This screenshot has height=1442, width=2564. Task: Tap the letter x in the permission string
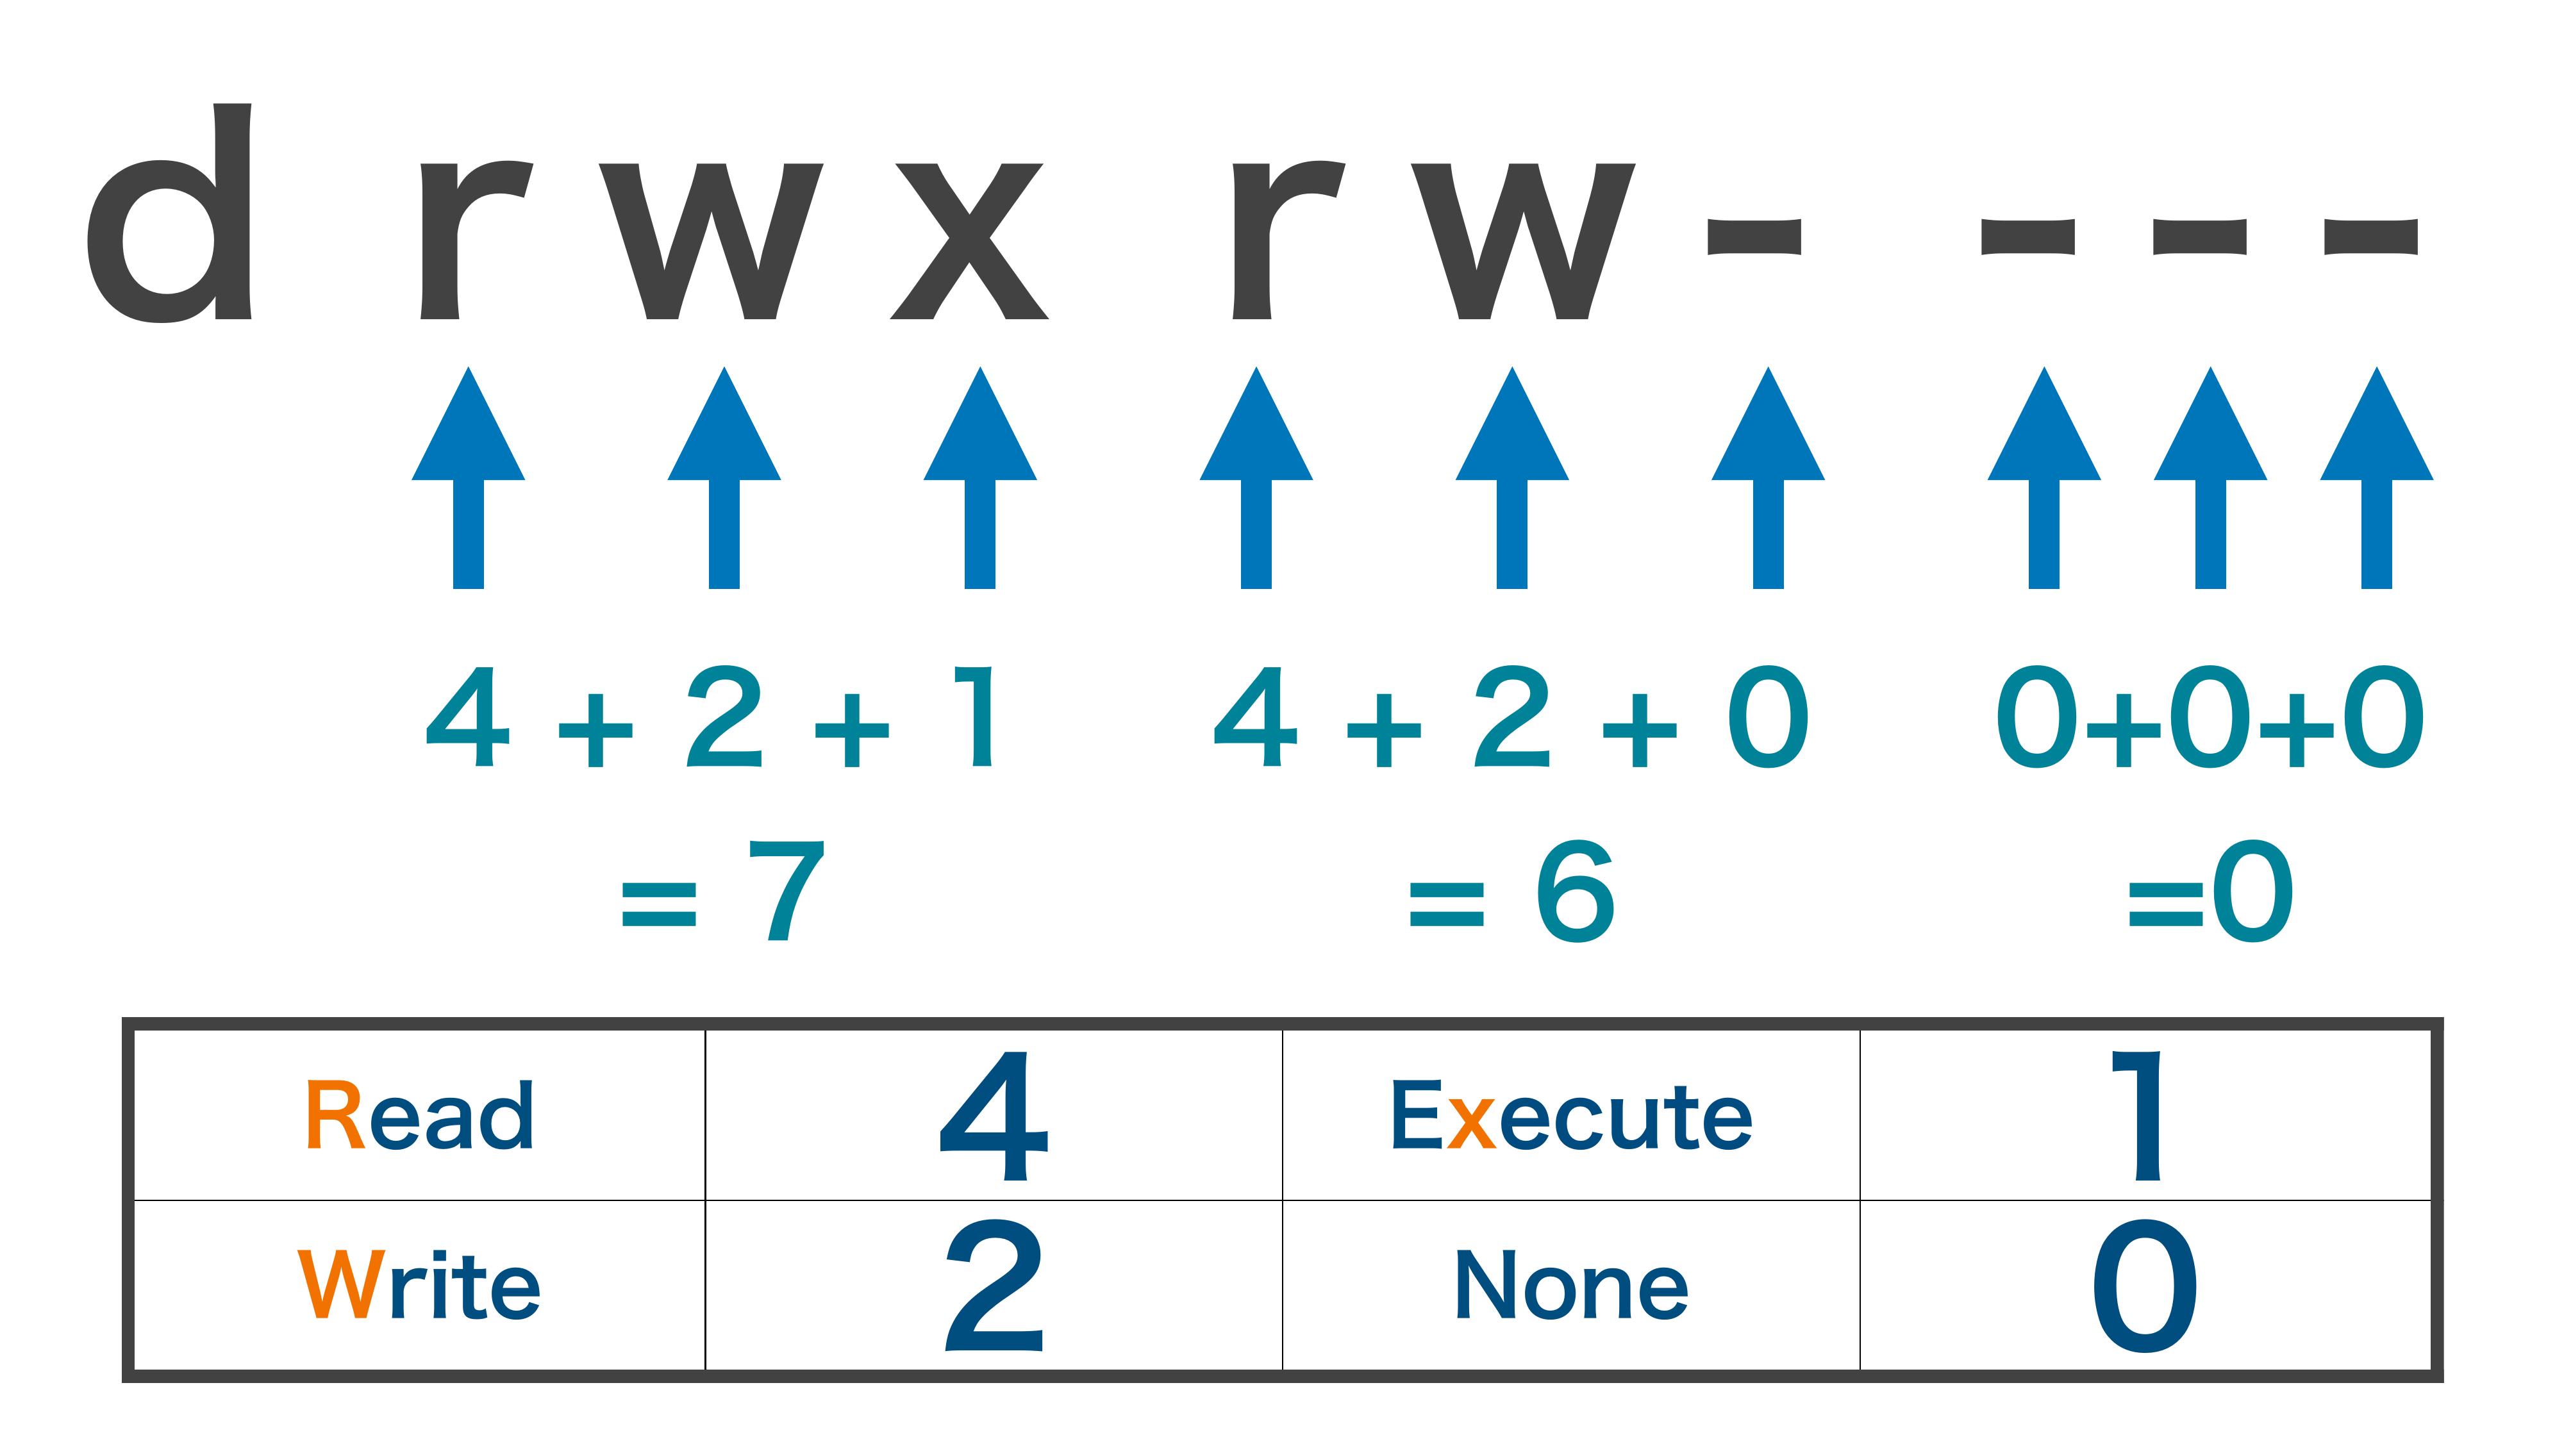[x=969, y=241]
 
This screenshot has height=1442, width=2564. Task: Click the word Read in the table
[x=419, y=1116]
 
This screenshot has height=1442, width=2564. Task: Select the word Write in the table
[x=419, y=1285]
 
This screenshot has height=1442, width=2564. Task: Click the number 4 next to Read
[x=994, y=1116]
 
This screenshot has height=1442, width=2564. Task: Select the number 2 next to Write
[x=994, y=1285]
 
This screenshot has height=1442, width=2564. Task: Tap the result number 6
[x=1575, y=891]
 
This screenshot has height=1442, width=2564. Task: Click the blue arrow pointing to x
[x=981, y=477]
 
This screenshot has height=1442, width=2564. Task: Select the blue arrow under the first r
[x=468, y=477]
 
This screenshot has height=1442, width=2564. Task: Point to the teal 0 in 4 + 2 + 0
[x=1768, y=717]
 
